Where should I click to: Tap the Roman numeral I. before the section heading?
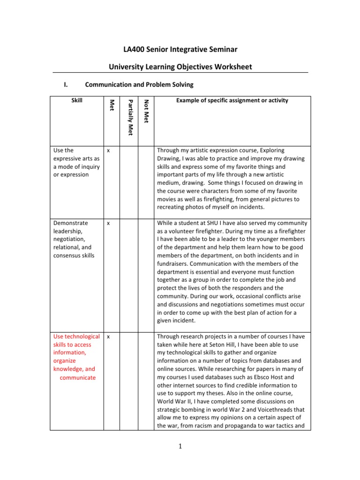tap(66, 85)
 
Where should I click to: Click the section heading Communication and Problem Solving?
tap(139, 85)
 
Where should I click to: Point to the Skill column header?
tap(75, 100)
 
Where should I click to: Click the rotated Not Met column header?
tap(146, 112)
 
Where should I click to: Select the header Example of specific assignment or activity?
tap(232, 100)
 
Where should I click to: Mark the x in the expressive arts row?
tap(108, 150)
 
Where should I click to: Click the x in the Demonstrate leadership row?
tap(108, 223)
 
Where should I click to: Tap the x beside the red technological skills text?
tap(108, 336)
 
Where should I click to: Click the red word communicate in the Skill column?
tap(78, 377)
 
